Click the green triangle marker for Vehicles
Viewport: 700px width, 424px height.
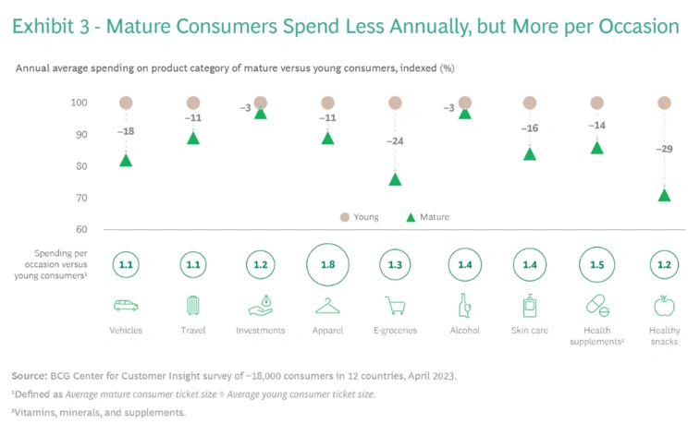pyautogui.click(x=126, y=161)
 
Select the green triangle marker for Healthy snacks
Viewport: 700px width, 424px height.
pyautogui.click(x=664, y=195)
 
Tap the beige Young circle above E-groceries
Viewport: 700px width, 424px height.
pyautogui.click(x=395, y=103)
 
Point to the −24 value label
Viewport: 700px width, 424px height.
pyautogui.click(x=395, y=142)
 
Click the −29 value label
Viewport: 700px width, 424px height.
pyautogui.click(x=664, y=149)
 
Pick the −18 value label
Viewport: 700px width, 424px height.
pyautogui.click(x=126, y=132)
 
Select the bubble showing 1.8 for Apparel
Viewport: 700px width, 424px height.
pyautogui.click(x=327, y=264)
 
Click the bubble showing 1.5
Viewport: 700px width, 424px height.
pyautogui.click(x=596, y=264)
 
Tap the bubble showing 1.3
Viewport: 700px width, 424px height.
pyautogui.click(x=395, y=264)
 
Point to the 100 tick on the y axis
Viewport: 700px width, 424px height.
pyautogui.click(x=79, y=103)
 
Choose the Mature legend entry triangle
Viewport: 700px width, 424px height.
pyautogui.click(x=411, y=217)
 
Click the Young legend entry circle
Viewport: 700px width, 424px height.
pyautogui.click(x=345, y=217)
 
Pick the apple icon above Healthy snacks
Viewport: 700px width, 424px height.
pyautogui.click(x=664, y=305)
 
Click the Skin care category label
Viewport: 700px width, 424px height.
pyautogui.click(x=530, y=330)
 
